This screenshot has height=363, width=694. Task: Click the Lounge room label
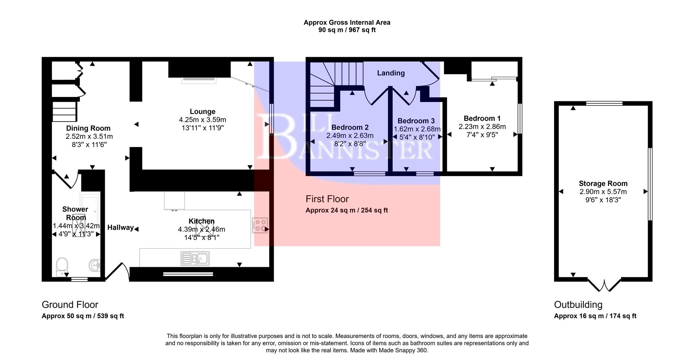point(202,112)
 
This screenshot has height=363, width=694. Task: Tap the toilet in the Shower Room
point(62,266)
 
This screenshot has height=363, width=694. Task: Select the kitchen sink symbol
point(194,259)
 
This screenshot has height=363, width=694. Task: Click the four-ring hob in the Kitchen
point(260,225)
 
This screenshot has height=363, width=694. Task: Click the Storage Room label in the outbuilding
point(603,183)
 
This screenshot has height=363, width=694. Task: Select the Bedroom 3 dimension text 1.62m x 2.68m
point(417,129)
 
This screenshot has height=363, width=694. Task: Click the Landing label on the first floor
point(391,73)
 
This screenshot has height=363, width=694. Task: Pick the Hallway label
point(120,227)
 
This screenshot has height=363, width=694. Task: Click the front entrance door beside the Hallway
point(117,272)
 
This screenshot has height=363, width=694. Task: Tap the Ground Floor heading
point(70,304)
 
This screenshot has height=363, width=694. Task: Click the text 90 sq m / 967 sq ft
point(347,30)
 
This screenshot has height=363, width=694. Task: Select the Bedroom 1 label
point(482,118)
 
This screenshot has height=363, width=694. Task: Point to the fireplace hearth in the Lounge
point(199,80)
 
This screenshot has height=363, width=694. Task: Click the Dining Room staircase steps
point(65,111)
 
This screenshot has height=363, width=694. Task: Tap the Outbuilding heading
point(578,304)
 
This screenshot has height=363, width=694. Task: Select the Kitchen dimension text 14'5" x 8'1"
point(201,237)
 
